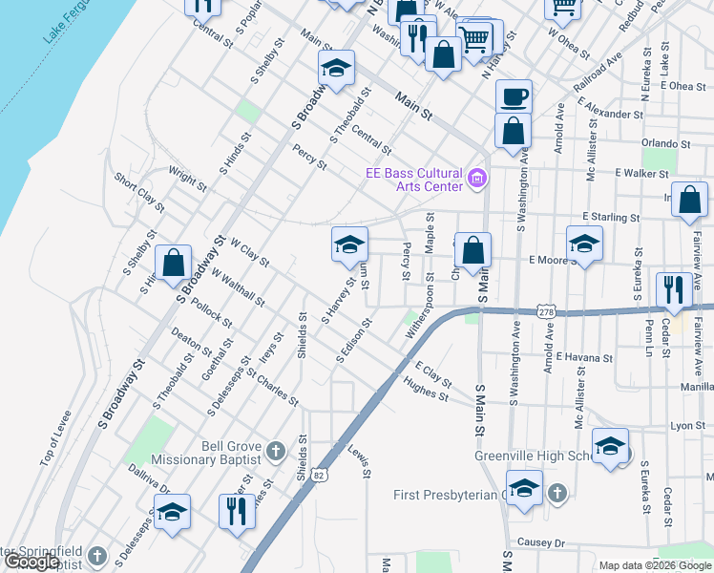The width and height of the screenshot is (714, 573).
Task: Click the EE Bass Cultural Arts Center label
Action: point(415,179)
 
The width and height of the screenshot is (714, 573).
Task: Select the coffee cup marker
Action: point(514,97)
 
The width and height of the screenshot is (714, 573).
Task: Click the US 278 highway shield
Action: point(545,312)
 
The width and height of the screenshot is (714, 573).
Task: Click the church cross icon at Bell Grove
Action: point(276,451)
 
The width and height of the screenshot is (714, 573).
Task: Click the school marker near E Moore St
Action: point(584,243)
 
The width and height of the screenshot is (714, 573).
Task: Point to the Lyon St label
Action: point(687,426)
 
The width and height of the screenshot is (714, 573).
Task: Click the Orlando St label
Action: point(665,143)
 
